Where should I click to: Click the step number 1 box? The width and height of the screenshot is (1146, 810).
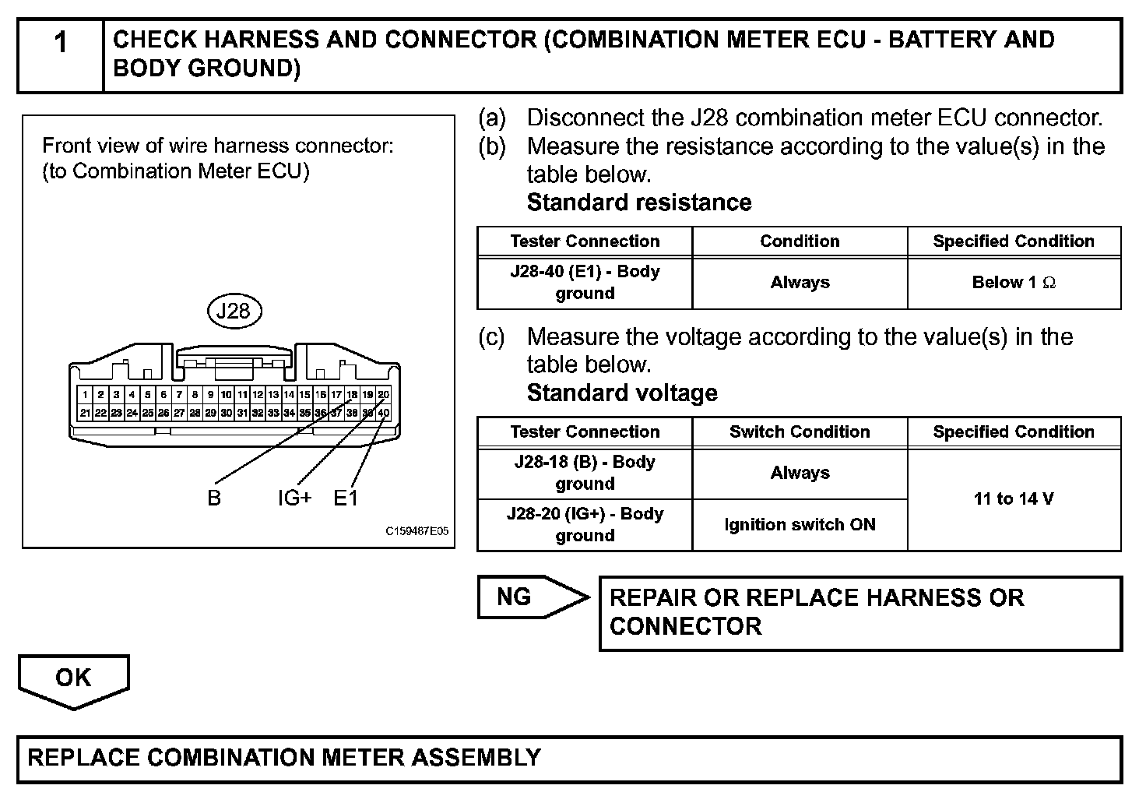click(61, 55)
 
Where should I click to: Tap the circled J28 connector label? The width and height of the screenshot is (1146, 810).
click(234, 312)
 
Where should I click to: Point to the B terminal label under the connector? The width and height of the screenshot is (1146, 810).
click(214, 498)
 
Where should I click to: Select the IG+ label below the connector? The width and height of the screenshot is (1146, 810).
click(295, 498)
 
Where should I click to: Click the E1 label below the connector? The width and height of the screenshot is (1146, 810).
click(346, 498)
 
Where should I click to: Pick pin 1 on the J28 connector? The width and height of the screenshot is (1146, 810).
click(85, 395)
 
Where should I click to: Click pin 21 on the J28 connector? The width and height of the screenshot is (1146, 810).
click(85, 413)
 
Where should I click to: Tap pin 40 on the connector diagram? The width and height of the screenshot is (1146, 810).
click(384, 413)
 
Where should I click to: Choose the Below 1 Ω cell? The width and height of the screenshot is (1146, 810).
click(1014, 283)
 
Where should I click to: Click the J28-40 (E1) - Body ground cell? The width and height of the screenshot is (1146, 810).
click(585, 283)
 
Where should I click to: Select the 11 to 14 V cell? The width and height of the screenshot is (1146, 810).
click(1014, 499)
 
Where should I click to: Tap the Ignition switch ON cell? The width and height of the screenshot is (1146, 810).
click(800, 525)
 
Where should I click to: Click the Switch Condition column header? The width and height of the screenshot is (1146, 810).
click(800, 432)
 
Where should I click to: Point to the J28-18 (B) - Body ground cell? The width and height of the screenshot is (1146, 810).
click(585, 473)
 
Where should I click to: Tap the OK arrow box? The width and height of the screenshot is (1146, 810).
click(73, 679)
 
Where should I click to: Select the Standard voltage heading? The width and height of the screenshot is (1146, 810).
click(622, 393)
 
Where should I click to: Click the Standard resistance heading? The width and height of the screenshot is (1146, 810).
click(639, 202)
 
